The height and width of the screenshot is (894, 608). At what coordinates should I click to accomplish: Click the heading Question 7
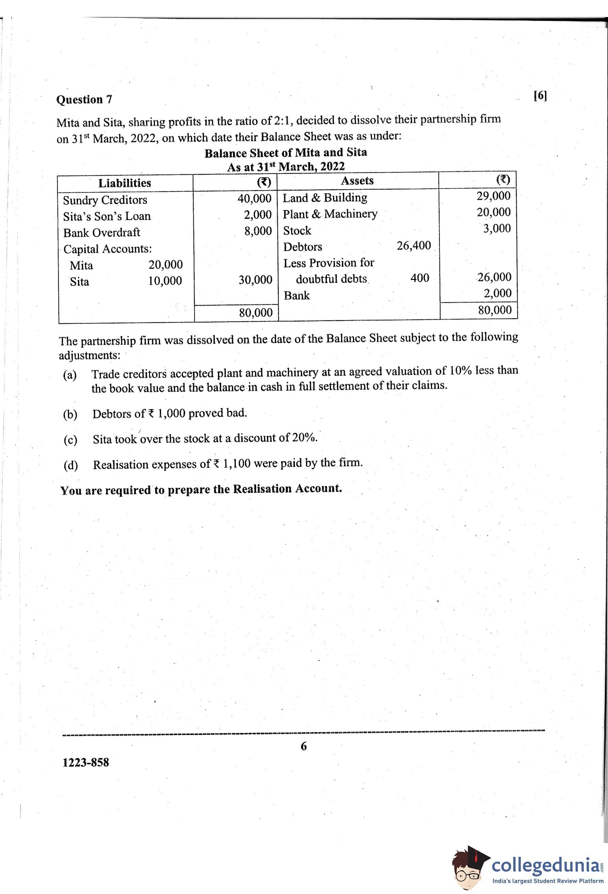point(84,100)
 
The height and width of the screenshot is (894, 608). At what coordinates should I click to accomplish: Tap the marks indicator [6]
point(540,95)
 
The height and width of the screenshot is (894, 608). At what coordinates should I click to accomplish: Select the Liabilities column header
point(125,183)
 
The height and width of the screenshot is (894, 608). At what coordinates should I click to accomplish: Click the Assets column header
point(357,181)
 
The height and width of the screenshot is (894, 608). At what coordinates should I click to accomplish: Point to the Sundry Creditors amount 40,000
point(255,198)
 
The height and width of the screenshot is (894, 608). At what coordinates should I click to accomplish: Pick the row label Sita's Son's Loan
point(107,216)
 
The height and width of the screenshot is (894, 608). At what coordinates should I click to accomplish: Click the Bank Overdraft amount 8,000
point(258,231)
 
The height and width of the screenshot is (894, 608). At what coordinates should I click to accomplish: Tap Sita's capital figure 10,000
point(165,281)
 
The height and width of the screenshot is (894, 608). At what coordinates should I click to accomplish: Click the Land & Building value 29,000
point(494,196)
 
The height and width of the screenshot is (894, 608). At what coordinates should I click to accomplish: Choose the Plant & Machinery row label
point(330,214)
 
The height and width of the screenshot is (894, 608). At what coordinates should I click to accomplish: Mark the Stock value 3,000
point(497,228)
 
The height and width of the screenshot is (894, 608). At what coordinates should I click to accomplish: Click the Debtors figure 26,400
point(414,245)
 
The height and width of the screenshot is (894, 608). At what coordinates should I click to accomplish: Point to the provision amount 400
point(419,278)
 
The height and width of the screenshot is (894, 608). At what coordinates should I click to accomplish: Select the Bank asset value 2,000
point(498,293)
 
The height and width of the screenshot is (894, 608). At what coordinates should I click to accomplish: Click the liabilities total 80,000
point(256,313)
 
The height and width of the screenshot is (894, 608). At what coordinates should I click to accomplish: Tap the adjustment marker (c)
point(70,440)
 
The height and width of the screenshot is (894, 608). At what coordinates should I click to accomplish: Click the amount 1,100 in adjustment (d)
point(237,464)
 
